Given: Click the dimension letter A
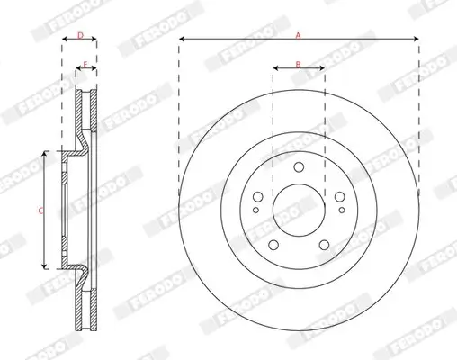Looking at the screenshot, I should click(299, 33).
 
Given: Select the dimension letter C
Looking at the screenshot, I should click(40, 211).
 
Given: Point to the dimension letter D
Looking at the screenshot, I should click(79, 35).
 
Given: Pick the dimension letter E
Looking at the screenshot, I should click(85, 65).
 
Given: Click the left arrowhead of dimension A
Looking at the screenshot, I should click(182, 40).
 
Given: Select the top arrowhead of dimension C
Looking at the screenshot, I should click(44, 156).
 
